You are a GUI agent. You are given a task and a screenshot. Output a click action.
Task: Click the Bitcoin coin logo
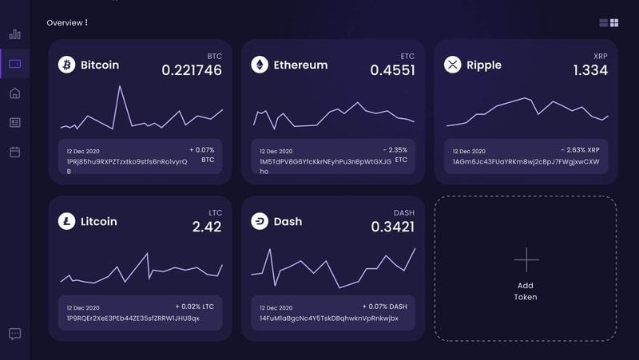(x=66, y=65)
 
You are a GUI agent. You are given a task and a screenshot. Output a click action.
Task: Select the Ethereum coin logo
(x=260, y=65)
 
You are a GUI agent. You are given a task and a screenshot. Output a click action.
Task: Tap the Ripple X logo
(x=453, y=65)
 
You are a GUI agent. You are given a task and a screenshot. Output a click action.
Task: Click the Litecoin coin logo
(x=66, y=221)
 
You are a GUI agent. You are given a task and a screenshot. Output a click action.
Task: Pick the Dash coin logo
(x=260, y=221)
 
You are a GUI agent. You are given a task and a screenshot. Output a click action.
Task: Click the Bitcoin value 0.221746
(x=192, y=70)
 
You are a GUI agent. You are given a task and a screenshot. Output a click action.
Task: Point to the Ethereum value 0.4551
(x=392, y=70)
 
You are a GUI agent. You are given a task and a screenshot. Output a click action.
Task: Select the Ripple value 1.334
(x=590, y=70)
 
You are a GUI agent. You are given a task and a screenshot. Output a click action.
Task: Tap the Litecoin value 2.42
(x=207, y=227)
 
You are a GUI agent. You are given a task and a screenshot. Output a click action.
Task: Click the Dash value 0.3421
(x=392, y=227)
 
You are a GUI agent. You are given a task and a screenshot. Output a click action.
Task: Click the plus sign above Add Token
(x=526, y=259)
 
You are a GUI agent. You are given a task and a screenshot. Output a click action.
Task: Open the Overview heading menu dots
(x=86, y=23)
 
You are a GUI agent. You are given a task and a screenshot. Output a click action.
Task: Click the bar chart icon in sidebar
(x=14, y=34)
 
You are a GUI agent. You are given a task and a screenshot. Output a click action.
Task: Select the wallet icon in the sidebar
(x=14, y=63)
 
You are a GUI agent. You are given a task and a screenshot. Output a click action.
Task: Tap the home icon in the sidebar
(x=14, y=93)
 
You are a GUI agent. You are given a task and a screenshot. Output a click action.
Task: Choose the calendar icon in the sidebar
(x=14, y=152)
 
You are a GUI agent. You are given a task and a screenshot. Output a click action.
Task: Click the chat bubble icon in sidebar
(x=14, y=334)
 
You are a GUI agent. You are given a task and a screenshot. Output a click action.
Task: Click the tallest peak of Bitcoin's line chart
(x=120, y=86)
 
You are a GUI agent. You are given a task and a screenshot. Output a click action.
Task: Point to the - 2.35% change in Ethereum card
(x=395, y=149)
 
